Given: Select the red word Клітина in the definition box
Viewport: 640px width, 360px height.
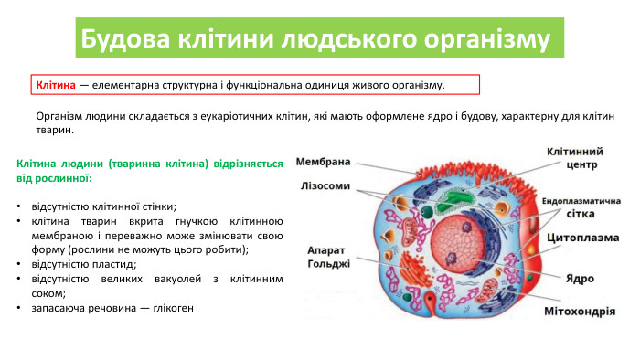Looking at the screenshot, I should point(55,85).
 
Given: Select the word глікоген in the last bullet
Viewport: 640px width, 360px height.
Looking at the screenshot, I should point(170,308).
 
